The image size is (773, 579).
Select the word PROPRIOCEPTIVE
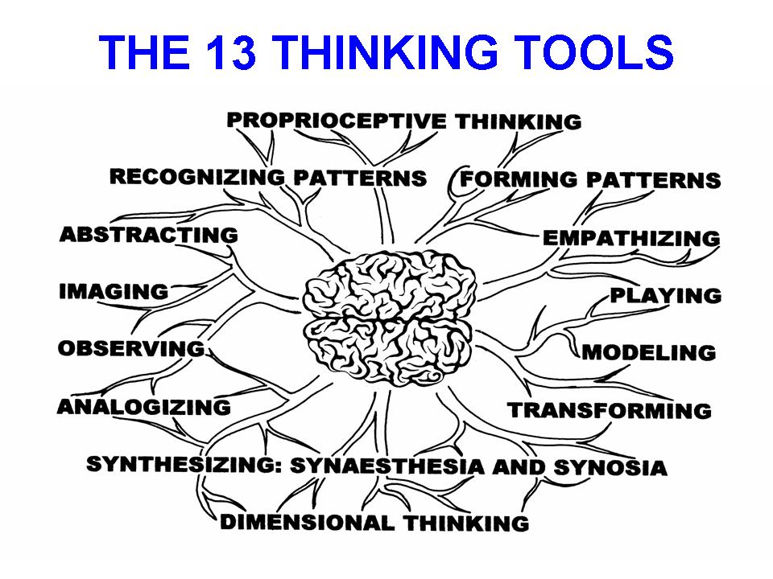tap(336, 121)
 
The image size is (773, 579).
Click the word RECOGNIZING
tap(196, 177)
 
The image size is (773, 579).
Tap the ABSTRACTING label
tap(149, 235)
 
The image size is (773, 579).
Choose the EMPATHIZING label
tap(631, 238)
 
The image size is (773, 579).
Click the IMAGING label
tap(114, 292)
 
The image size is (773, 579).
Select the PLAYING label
tap(665, 296)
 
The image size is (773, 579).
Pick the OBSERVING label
tap(130, 349)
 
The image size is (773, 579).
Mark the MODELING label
tap(649, 352)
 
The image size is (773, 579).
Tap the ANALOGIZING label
tap(143, 407)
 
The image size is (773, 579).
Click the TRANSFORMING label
tap(610, 410)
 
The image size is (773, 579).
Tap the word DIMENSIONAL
tap(308, 522)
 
